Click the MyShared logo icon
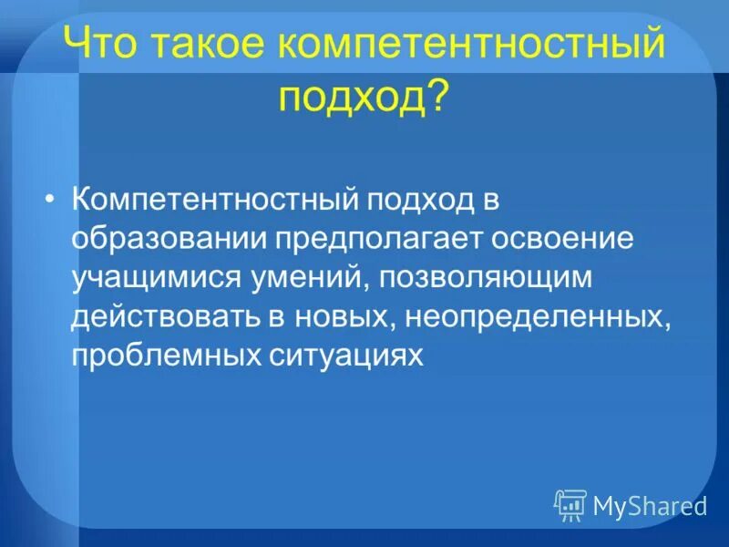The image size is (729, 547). click(570, 504)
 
